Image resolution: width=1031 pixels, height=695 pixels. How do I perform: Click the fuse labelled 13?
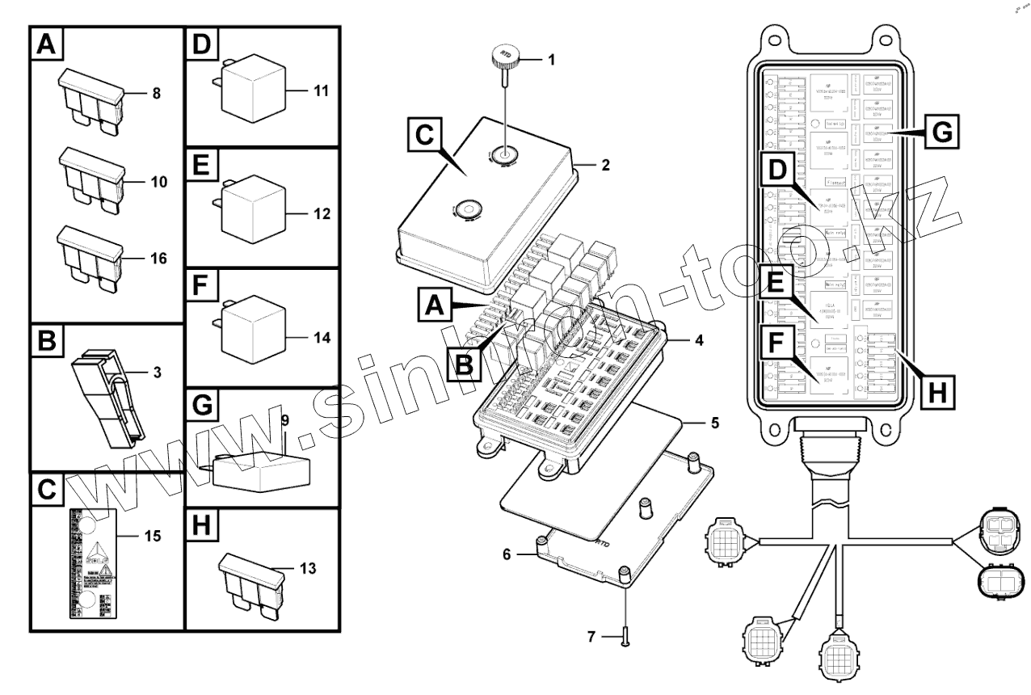pos(252,582)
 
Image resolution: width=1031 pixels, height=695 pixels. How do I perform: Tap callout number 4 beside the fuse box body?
pos(698,340)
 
